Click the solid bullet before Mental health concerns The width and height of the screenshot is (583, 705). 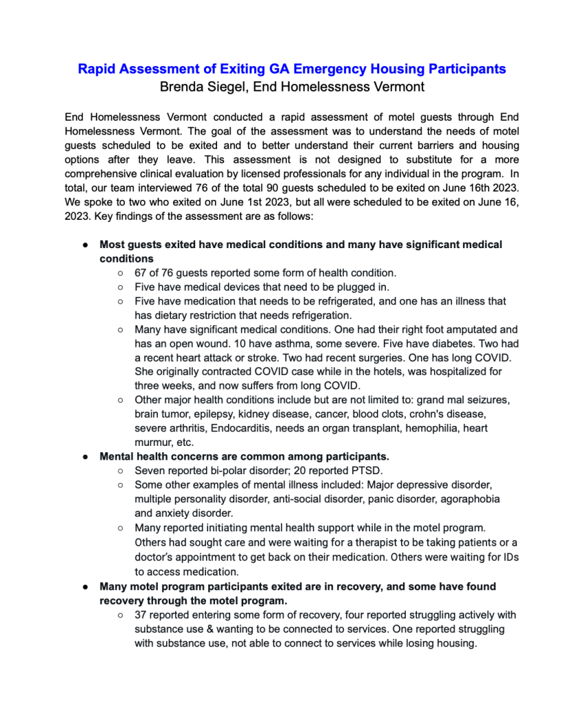(x=84, y=456)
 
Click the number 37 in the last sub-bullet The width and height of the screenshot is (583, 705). (x=142, y=615)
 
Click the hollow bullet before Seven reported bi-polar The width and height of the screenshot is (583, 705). (x=121, y=470)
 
